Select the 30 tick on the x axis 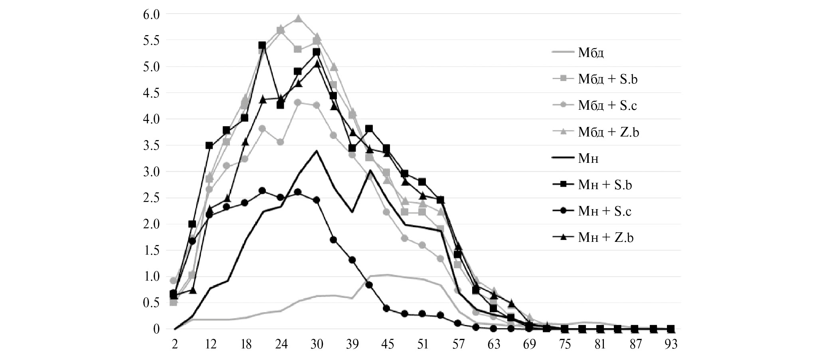click(317, 344)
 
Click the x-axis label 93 click(671, 344)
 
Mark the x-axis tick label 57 click(458, 344)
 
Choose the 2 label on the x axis click(174, 344)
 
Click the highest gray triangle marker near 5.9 click(298, 18)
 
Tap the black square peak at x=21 click(262, 45)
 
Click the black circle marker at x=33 click(334, 240)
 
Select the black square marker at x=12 click(209, 145)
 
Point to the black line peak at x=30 click(317, 151)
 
